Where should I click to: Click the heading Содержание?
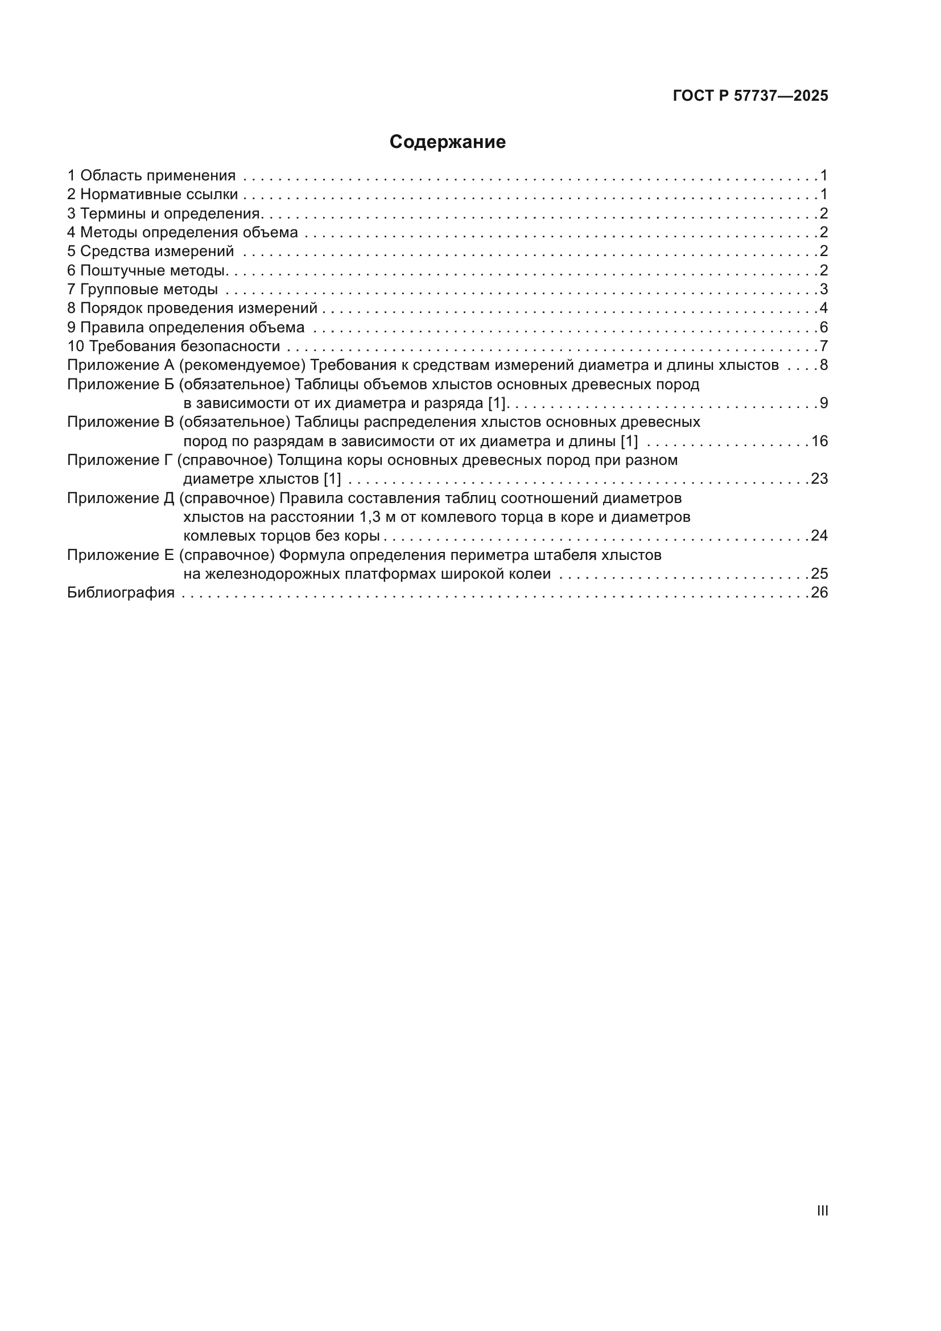tap(447, 142)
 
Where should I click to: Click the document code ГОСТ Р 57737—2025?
tap(750, 96)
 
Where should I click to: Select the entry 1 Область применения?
tap(152, 176)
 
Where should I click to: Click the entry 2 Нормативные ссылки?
tap(152, 195)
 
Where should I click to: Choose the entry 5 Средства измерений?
tap(151, 252)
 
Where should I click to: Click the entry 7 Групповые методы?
tap(143, 289)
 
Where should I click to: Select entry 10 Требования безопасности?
tap(174, 347)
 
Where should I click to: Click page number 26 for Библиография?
tap(819, 593)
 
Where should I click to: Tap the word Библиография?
tap(121, 593)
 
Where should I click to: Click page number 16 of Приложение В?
tap(819, 442)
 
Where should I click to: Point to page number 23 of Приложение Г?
tap(819, 479)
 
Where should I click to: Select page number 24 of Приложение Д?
tap(819, 535)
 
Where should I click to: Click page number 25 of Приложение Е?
tap(819, 574)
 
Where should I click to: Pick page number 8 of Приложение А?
tap(823, 365)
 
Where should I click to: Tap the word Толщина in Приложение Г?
tap(306, 460)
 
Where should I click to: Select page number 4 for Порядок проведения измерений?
tap(823, 308)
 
